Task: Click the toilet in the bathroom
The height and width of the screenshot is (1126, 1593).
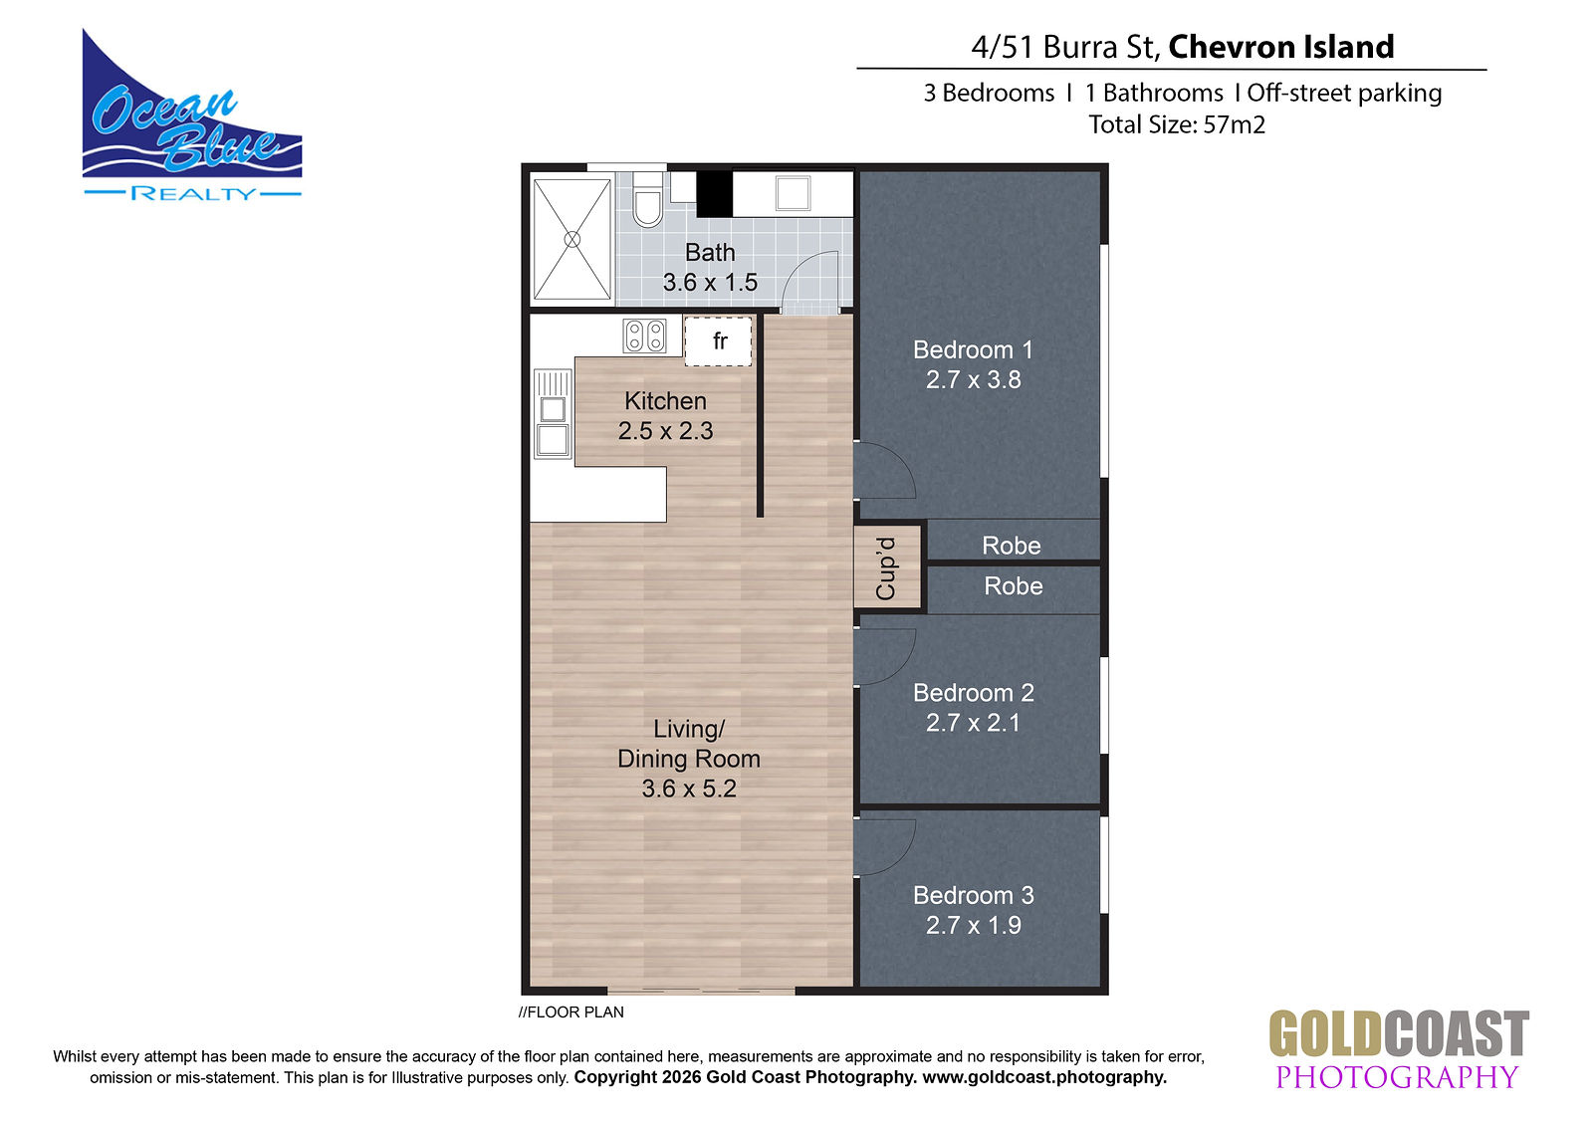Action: [x=647, y=199]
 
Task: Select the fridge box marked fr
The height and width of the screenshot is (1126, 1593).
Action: [x=718, y=341]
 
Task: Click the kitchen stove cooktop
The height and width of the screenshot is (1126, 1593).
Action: [x=644, y=336]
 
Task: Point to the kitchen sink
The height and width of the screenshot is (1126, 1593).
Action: [x=553, y=413]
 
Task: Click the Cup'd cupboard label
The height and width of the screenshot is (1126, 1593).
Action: [x=886, y=569]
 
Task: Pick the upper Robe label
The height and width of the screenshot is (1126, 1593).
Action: [x=1012, y=546]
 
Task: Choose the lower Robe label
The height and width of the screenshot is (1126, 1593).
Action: [x=1014, y=586]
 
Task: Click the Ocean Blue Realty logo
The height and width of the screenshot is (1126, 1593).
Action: [x=192, y=115]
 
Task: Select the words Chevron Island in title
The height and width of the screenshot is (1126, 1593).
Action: [x=1280, y=47]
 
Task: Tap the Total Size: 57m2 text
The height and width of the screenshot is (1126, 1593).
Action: [x=1177, y=125]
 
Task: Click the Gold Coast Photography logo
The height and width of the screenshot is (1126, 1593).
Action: [x=1398, y=1050]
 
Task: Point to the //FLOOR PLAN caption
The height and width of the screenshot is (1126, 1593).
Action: [x=571, y=1013]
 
